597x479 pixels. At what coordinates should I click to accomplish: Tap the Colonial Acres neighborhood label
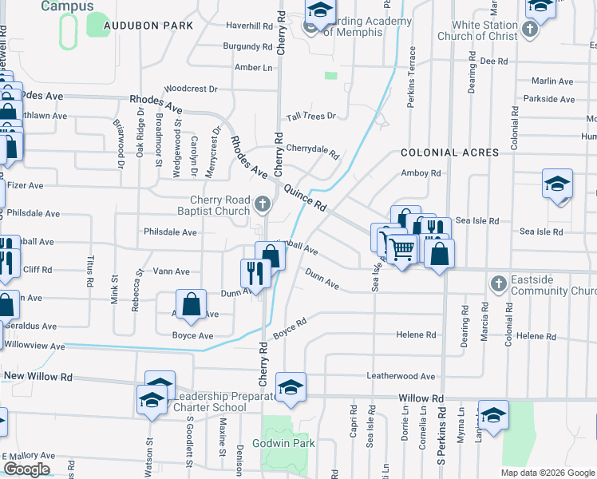tap(450, 152)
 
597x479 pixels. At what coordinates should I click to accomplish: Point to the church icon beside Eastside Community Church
tap(498, 284)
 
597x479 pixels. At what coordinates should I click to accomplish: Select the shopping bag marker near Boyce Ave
tap(191, 304)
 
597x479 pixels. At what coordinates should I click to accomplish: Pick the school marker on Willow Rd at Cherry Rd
tap(291, 387)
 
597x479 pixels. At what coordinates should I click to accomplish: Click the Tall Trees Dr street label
tap(311, 117)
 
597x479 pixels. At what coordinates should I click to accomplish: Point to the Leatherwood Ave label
tap(401, 376)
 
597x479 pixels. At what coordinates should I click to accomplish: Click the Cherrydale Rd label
tap(313, 148)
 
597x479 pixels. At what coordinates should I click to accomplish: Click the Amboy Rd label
tap(421, 173)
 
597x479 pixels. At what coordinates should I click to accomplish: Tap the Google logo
tap(26, 469)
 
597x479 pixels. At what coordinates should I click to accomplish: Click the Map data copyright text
tap(546, 473)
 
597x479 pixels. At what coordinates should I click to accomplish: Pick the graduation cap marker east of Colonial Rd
tap(557, 184)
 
